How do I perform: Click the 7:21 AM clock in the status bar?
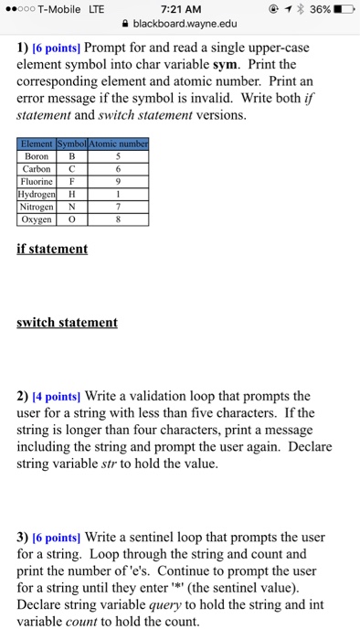tap(179, 10)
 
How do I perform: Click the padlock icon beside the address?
tap(124, 27)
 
